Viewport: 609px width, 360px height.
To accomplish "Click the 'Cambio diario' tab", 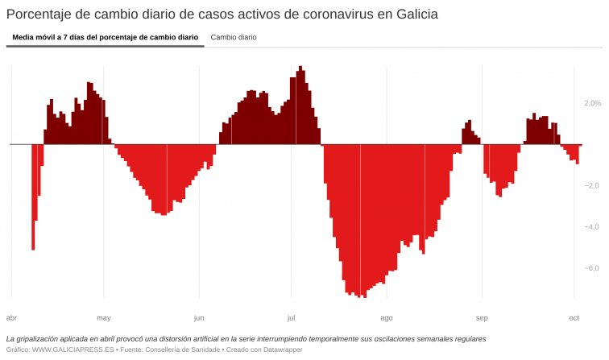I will tap(234, 37).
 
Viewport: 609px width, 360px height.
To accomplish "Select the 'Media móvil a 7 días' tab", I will tap(105, 37).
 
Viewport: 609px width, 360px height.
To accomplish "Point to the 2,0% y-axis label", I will tap(592, 103).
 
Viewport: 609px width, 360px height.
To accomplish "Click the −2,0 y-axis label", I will tap(590, 185).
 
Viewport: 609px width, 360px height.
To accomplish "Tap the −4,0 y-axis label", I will tap(590, 227).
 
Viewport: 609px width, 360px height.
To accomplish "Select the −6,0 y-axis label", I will tap(590, 268).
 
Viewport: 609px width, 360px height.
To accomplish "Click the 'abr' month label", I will tap(11, 317).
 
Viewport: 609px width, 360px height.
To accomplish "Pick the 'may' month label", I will tap(104, 317).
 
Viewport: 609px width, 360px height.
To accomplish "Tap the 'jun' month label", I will tap(199, 317).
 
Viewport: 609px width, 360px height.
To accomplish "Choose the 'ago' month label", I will tap(387, 317).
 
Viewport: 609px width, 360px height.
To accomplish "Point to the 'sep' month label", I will tap(482, 317).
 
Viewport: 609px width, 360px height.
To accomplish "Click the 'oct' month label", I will tap(574, 317).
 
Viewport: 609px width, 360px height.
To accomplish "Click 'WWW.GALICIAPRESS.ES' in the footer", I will tap(72, 350).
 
